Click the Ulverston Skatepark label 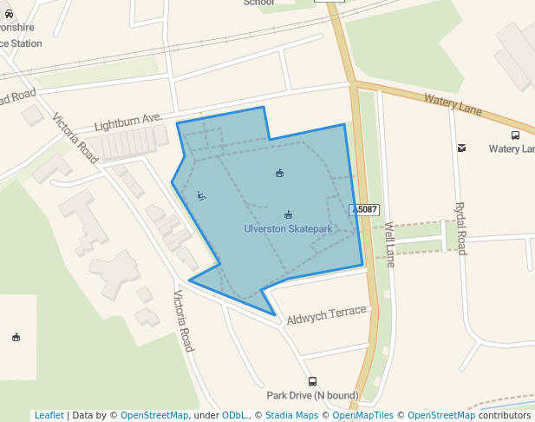(288, 229)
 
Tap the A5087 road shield (365, 210)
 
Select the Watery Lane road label (453, 104)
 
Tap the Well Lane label (390, 244)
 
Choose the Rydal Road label (461, 228)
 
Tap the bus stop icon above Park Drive (312, 381)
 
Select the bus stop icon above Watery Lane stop (515, 135)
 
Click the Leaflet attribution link (49, 415)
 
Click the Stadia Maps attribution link (291, 415)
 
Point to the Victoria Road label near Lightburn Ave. (75, 138)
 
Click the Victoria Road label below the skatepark (183, 321)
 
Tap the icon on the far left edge (16, 337)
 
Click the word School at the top (258, 3)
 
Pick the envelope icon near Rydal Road (461, 148)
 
